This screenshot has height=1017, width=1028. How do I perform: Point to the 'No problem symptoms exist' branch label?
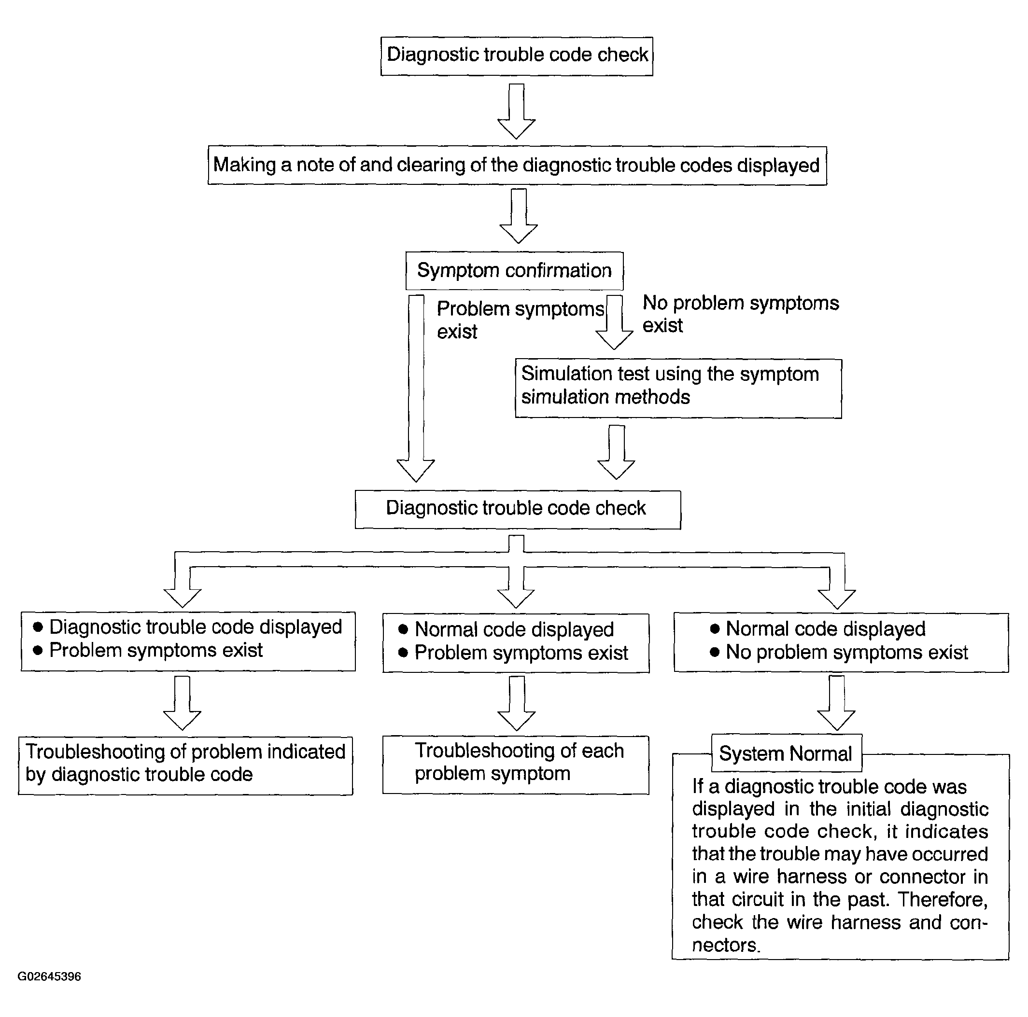741,314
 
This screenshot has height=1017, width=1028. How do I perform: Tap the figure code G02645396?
49,976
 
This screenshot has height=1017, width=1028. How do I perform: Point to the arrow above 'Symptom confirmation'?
518,216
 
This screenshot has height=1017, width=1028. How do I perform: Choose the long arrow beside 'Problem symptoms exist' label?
416,388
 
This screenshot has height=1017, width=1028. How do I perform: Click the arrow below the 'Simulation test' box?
616,452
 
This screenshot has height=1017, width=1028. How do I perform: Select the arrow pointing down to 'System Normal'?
836,703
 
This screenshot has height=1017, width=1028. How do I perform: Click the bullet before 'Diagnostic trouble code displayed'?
38,627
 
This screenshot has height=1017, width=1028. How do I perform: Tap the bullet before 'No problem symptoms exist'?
715,652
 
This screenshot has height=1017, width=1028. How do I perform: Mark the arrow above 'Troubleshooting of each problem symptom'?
516,703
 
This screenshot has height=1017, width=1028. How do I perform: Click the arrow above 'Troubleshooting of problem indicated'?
182,703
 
